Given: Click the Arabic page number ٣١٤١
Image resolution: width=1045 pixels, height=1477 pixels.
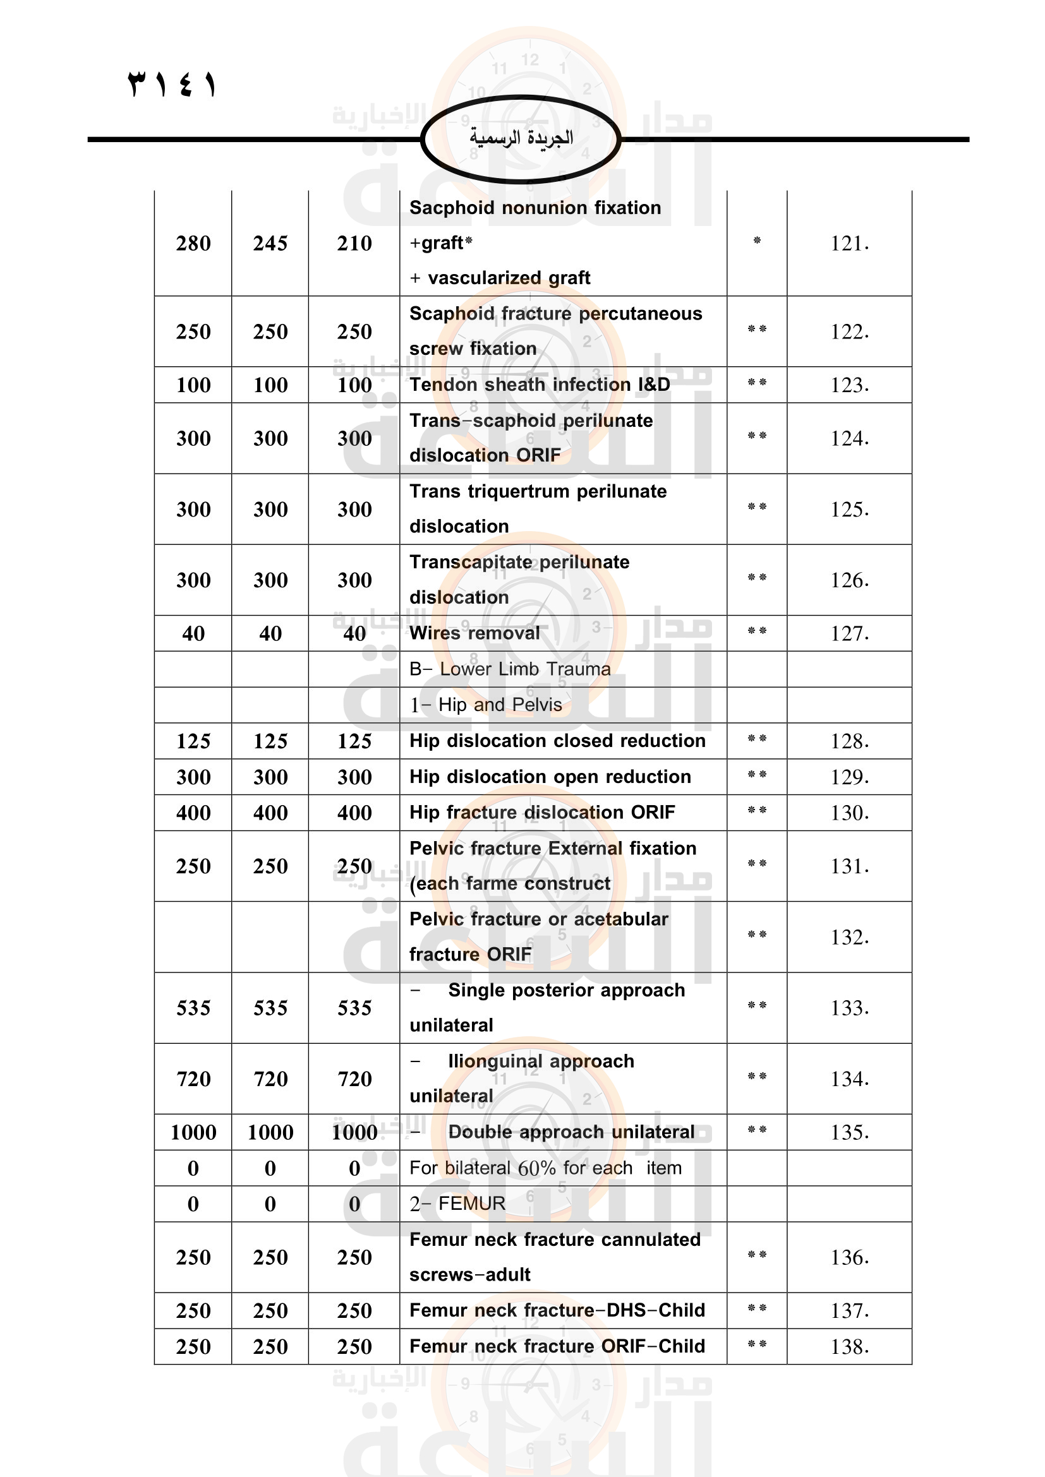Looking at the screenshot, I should point(172,84).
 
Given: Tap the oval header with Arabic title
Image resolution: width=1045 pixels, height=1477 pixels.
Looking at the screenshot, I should point(521,138).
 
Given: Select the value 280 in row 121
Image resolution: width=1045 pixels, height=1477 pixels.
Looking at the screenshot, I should point(193,243).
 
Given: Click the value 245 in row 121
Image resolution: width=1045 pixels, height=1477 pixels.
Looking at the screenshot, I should point(270,243).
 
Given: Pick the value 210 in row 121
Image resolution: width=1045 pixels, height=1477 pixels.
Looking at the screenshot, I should point(354,243).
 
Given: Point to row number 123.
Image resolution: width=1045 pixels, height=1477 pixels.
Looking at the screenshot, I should point(849,385).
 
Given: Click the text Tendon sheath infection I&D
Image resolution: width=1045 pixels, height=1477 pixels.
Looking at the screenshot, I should point(539,385).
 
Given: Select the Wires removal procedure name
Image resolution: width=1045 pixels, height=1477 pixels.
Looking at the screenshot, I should point(474,633).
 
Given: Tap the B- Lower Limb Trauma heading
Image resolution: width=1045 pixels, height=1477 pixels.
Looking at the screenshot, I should point(510,669).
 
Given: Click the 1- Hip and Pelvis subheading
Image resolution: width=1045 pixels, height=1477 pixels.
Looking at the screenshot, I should point(486,705).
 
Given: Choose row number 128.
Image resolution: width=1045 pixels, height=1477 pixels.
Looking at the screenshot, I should point(849,741).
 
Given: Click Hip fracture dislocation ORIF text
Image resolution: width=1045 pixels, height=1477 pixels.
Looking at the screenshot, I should point(542,813).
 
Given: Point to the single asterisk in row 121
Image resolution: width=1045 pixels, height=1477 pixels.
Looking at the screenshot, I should point(757,241).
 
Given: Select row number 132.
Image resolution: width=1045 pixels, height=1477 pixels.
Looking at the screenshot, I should point(849,937).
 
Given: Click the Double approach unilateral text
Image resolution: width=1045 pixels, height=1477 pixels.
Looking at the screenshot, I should point(571,1132).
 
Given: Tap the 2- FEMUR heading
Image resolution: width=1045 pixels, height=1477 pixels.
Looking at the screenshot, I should point(457,1204).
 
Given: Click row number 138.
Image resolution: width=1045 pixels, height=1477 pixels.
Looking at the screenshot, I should point(849,1346).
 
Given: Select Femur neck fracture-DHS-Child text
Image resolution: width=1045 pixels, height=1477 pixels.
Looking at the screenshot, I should point(557,1310).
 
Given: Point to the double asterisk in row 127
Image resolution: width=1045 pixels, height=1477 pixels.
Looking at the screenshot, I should point(757,631).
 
